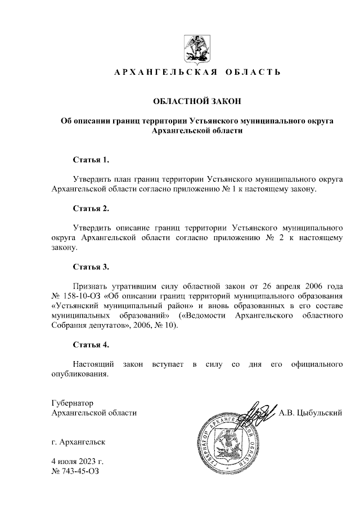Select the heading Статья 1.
[x=91, y=160]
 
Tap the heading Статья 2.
[x=91, y=209]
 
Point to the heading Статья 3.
[x=91, y=266]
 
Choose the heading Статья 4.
[x=91, y=344]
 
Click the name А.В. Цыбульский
[x=311, y=413]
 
